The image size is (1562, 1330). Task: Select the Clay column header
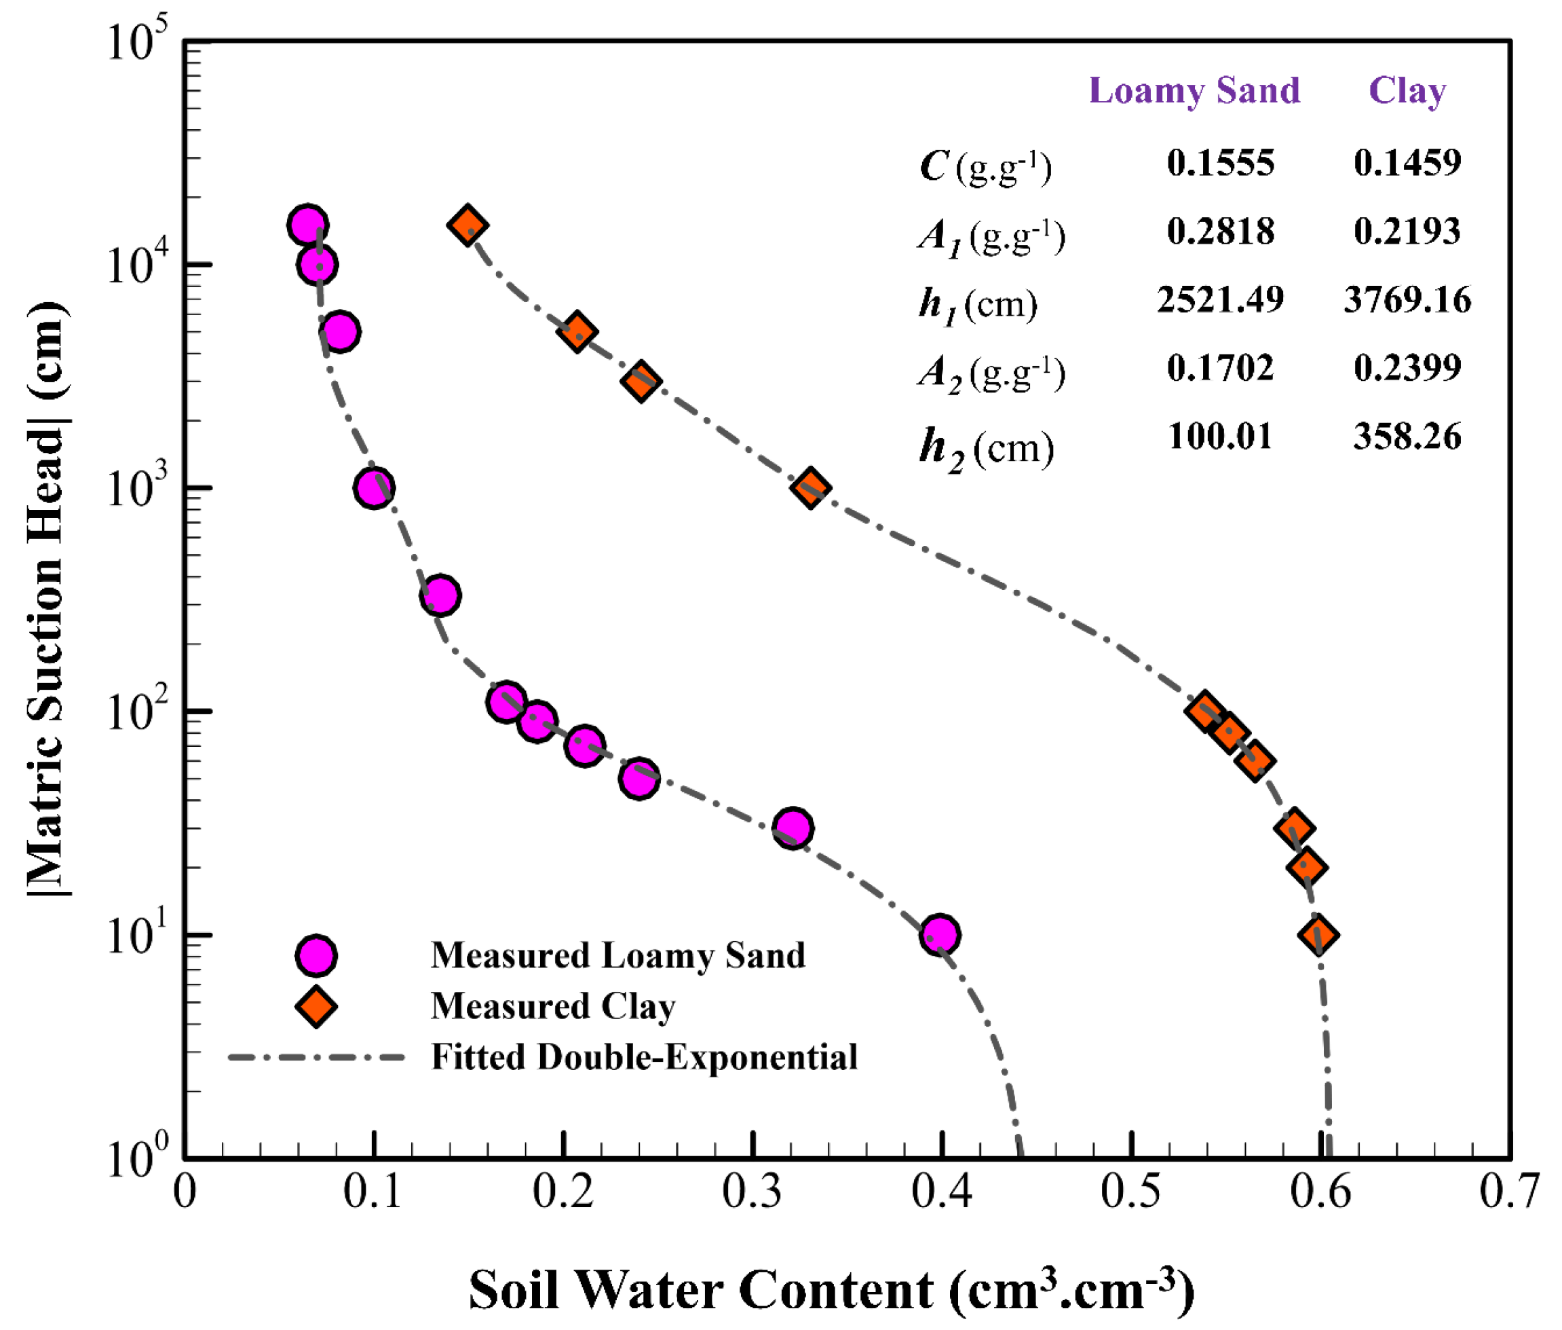click(x=1406, y=91)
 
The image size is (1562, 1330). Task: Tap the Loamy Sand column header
click(x=1194, y=91)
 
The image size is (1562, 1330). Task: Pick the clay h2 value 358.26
click(x=1406, y=437)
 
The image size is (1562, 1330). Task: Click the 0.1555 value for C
click(x=1220, y=163)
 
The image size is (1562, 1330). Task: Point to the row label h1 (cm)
click(x=977, y=305)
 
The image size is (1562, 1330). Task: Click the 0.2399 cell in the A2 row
click(x=1406, y=368)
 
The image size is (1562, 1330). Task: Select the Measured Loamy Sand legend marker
click(x=316, y=955)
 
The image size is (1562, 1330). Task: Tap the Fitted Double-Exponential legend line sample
click(x=316, y=1057)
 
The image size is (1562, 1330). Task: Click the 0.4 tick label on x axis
click(x=941, y=1193)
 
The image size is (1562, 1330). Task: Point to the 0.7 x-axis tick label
click(x=1508, y=1193)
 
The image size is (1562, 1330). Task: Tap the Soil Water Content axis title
click(x=831, y=1290)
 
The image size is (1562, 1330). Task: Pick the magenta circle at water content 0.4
click(x=939, y=935)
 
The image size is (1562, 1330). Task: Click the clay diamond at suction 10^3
click(x=810, y=488)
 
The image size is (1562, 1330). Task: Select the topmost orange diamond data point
click(x=467, y=225)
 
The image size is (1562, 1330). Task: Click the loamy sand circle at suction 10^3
click(x=373, y=488)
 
